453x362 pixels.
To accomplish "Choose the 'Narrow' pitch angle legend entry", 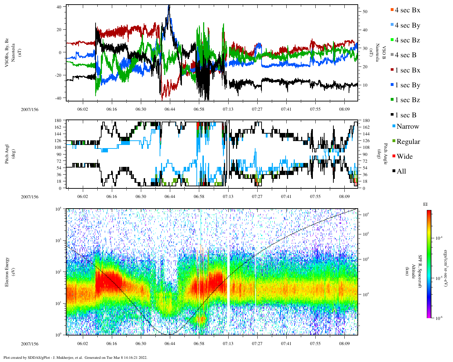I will coord(407,127).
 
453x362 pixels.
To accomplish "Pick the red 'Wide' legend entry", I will coord(404,156).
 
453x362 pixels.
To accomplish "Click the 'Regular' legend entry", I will coord(408,141).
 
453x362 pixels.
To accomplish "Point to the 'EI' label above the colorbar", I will coord(425,204).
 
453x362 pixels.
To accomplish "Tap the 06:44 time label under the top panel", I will coord(170,109).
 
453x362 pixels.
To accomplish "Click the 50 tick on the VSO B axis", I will coord(365,12).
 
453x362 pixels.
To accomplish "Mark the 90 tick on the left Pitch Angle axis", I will coord(58,154).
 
